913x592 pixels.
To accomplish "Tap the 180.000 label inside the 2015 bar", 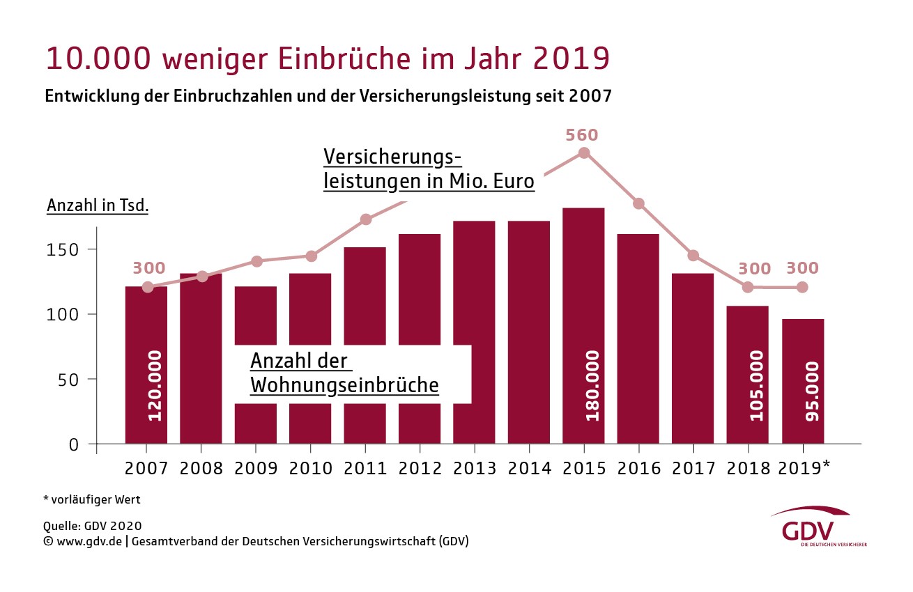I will [592, 385].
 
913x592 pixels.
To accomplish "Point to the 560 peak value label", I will [582, 135].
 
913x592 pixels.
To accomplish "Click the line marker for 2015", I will [584, 153].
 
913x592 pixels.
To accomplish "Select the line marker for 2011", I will [365, 220].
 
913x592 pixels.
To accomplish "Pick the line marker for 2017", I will [693, 256].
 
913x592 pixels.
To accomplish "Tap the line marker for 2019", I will [802, 287].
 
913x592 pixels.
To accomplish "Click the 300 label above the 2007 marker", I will [149, 268].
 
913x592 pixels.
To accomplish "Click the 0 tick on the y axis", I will [74, 444].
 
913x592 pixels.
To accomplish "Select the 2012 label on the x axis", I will [420, 469].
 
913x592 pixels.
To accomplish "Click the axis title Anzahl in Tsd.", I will [98, 207].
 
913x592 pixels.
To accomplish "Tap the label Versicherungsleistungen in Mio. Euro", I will [428, 169].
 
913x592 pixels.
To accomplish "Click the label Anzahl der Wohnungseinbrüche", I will [344, 373].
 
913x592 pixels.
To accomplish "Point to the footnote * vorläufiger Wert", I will [92, 499].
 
